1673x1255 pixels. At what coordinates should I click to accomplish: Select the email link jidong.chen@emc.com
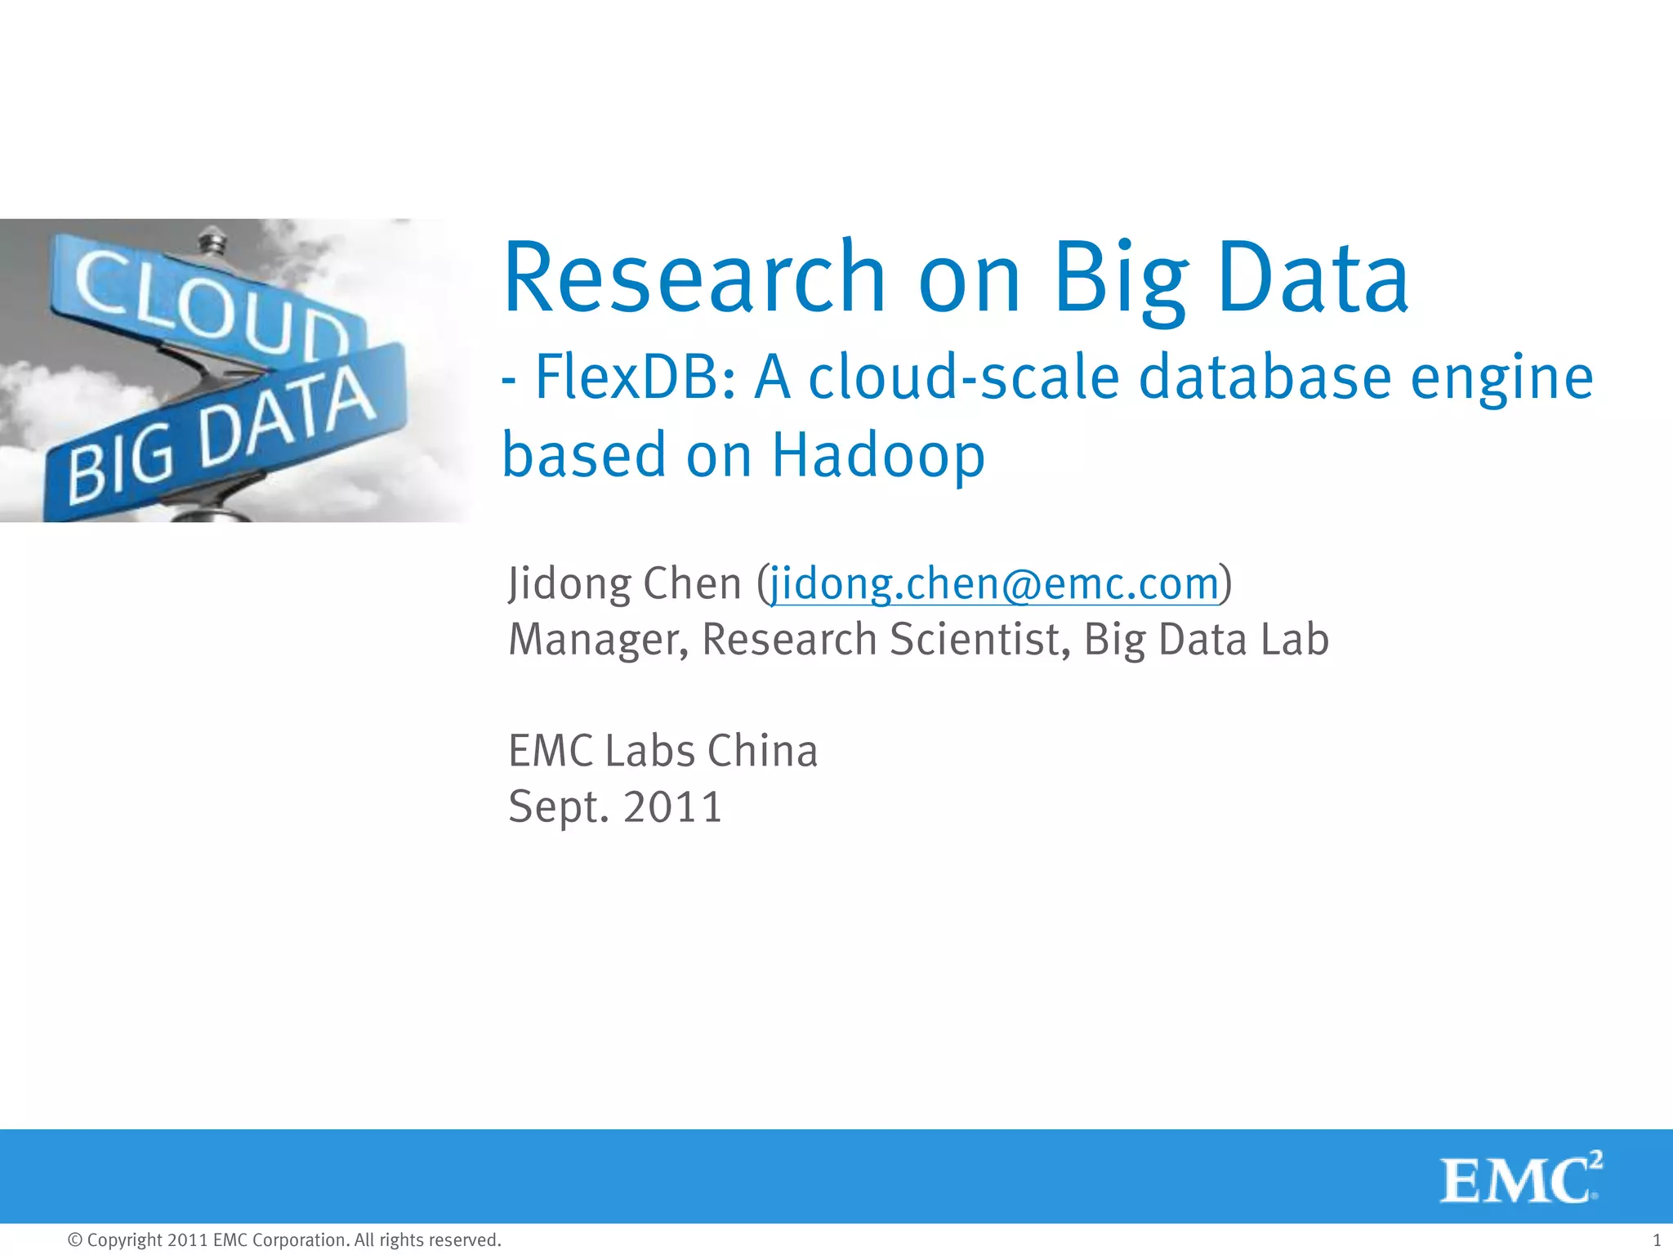click(x=994, y=584)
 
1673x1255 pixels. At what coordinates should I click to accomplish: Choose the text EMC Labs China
click(x=663, y=752)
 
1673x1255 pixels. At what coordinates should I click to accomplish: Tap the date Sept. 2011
click(x=615, y=807)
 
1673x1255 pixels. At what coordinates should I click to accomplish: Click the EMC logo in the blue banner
click(x=1519, y=1177)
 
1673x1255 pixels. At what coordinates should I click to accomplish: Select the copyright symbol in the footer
click(x=75, y=1240)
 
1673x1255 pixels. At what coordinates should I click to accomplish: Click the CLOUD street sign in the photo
click(x=204, y=298)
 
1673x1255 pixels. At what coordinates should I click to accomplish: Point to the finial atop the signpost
click(x=212, y=241)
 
